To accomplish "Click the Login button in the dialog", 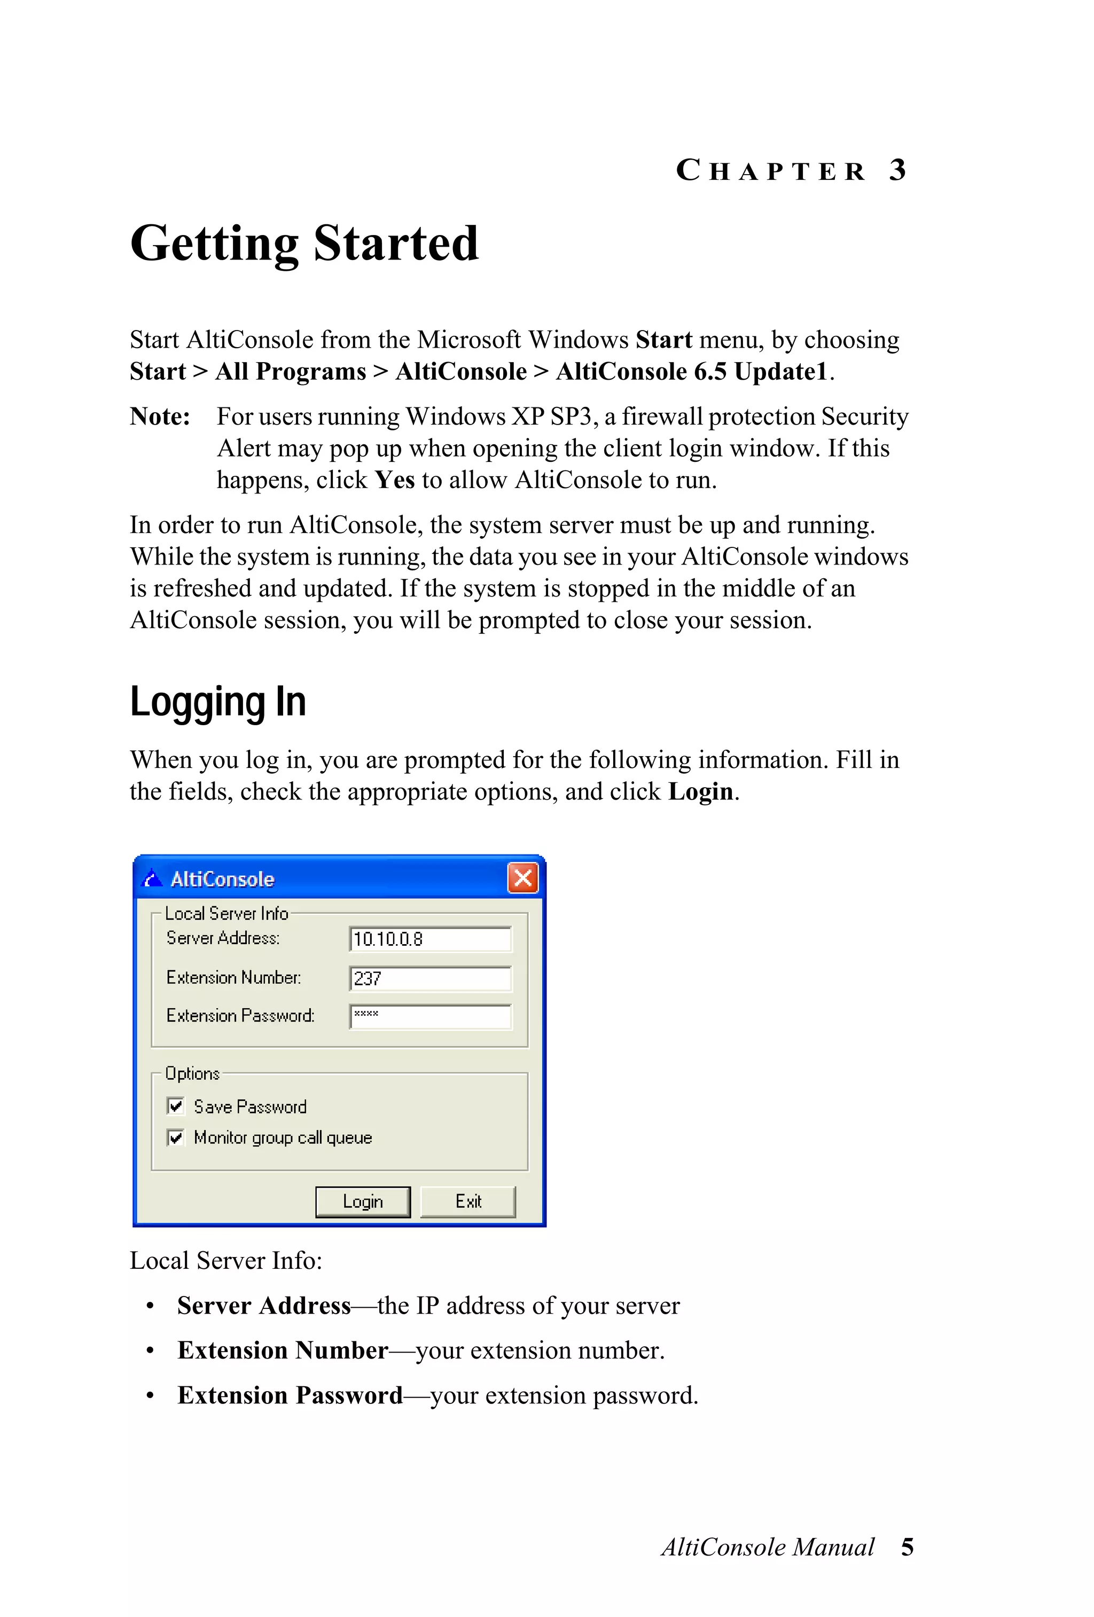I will pos(363,1202).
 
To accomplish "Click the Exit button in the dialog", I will pos(467,1202).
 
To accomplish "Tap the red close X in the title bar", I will pos(522,878).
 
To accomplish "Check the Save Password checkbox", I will pos(175,1106).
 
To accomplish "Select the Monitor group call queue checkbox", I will pos(175,1137).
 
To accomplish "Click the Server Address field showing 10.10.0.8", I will pos(430,939).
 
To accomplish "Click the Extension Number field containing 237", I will pos(430,978).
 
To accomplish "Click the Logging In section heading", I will pos(218,701).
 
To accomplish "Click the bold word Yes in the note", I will pos(395,480).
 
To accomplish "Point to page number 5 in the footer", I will pos(907,1547).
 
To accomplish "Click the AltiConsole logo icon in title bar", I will pos(152,879).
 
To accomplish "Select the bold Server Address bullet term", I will pos(264,1305).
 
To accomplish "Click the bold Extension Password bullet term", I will pos(290,1395).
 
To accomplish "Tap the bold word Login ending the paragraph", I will pos(700,792).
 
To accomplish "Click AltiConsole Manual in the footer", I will pos(768,1547).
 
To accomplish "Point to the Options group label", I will pos(192,1073).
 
